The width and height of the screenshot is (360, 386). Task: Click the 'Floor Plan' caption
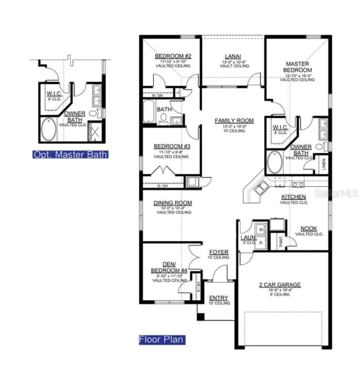click(161, 340)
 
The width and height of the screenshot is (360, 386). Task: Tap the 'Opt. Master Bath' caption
click(70, 154)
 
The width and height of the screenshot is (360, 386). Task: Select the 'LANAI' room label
click(229, 56)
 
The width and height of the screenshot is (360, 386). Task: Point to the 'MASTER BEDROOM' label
click(297, 67)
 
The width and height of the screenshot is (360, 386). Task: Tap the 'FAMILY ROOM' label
click(234, 120)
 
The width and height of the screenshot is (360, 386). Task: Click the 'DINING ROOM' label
click(172, 203)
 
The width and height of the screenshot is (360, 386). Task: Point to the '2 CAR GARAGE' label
click(280, 285)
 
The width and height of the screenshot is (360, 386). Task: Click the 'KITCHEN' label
click(294, 197)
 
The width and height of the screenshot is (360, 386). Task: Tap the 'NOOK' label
click(309, 229)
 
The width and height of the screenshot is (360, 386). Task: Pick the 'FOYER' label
click(219, 252)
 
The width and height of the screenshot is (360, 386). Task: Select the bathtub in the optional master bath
click(48, 130)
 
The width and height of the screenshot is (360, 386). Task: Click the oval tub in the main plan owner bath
click(275, 163)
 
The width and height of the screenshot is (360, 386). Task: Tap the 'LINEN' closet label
click(323, 164)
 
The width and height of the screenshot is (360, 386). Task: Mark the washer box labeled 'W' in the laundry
click(261, 229)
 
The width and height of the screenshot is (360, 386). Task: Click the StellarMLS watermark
click(336, 193)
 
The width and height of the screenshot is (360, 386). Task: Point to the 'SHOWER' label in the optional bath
click(90, 131)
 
